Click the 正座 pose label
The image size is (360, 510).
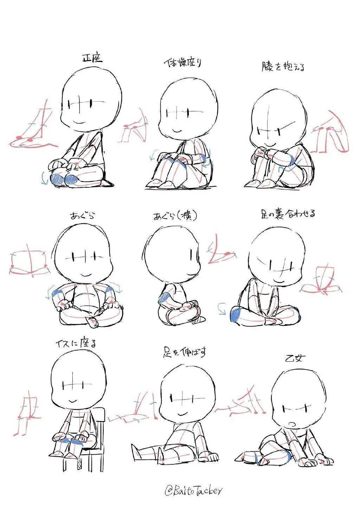[92, 58]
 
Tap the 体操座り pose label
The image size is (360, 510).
[183, 63]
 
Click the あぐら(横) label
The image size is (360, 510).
[175, 216]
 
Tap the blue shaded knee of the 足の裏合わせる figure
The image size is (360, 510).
[235, 314]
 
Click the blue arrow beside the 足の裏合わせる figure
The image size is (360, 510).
[222, 308]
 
